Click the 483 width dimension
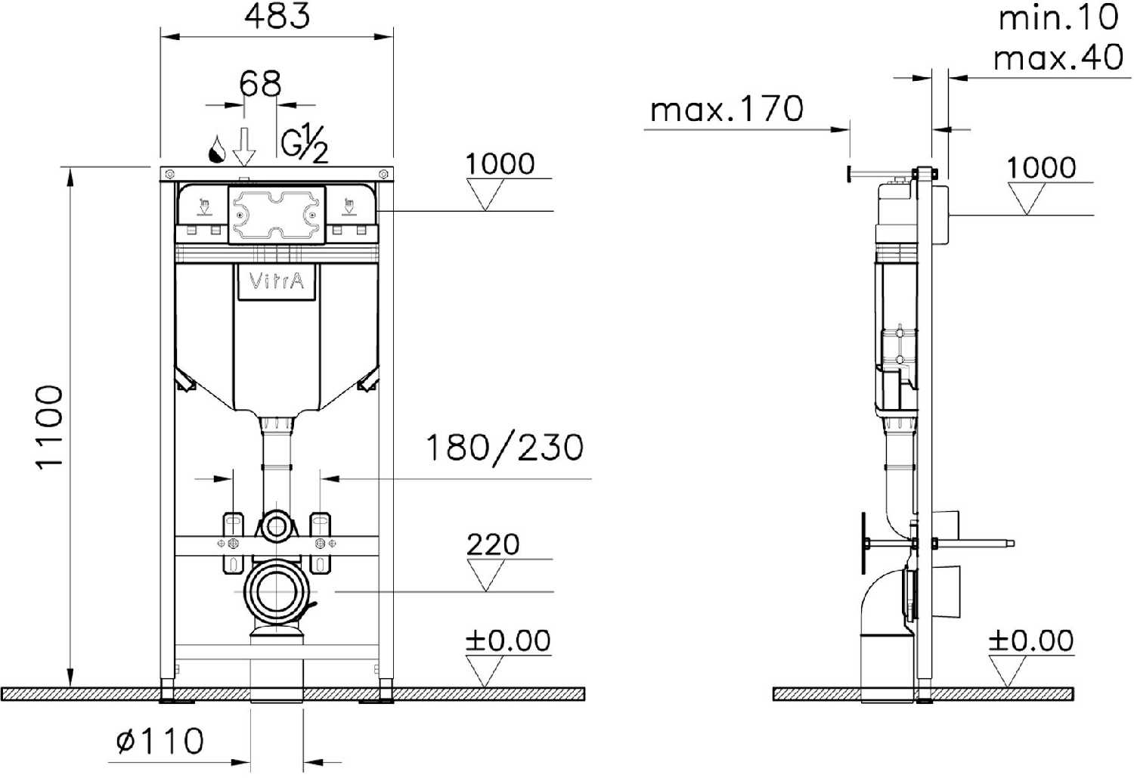[x=277, y=16]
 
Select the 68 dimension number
[x=260, y=83]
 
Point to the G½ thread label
[x=305, y=145]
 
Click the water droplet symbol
[x=218, y=149]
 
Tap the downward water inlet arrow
[x=244, y=147]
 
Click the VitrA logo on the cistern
[x=277, y=281]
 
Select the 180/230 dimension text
[x=505, y=447]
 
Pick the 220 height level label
[x=493, y=544]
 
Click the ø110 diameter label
[x=160, y=741]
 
